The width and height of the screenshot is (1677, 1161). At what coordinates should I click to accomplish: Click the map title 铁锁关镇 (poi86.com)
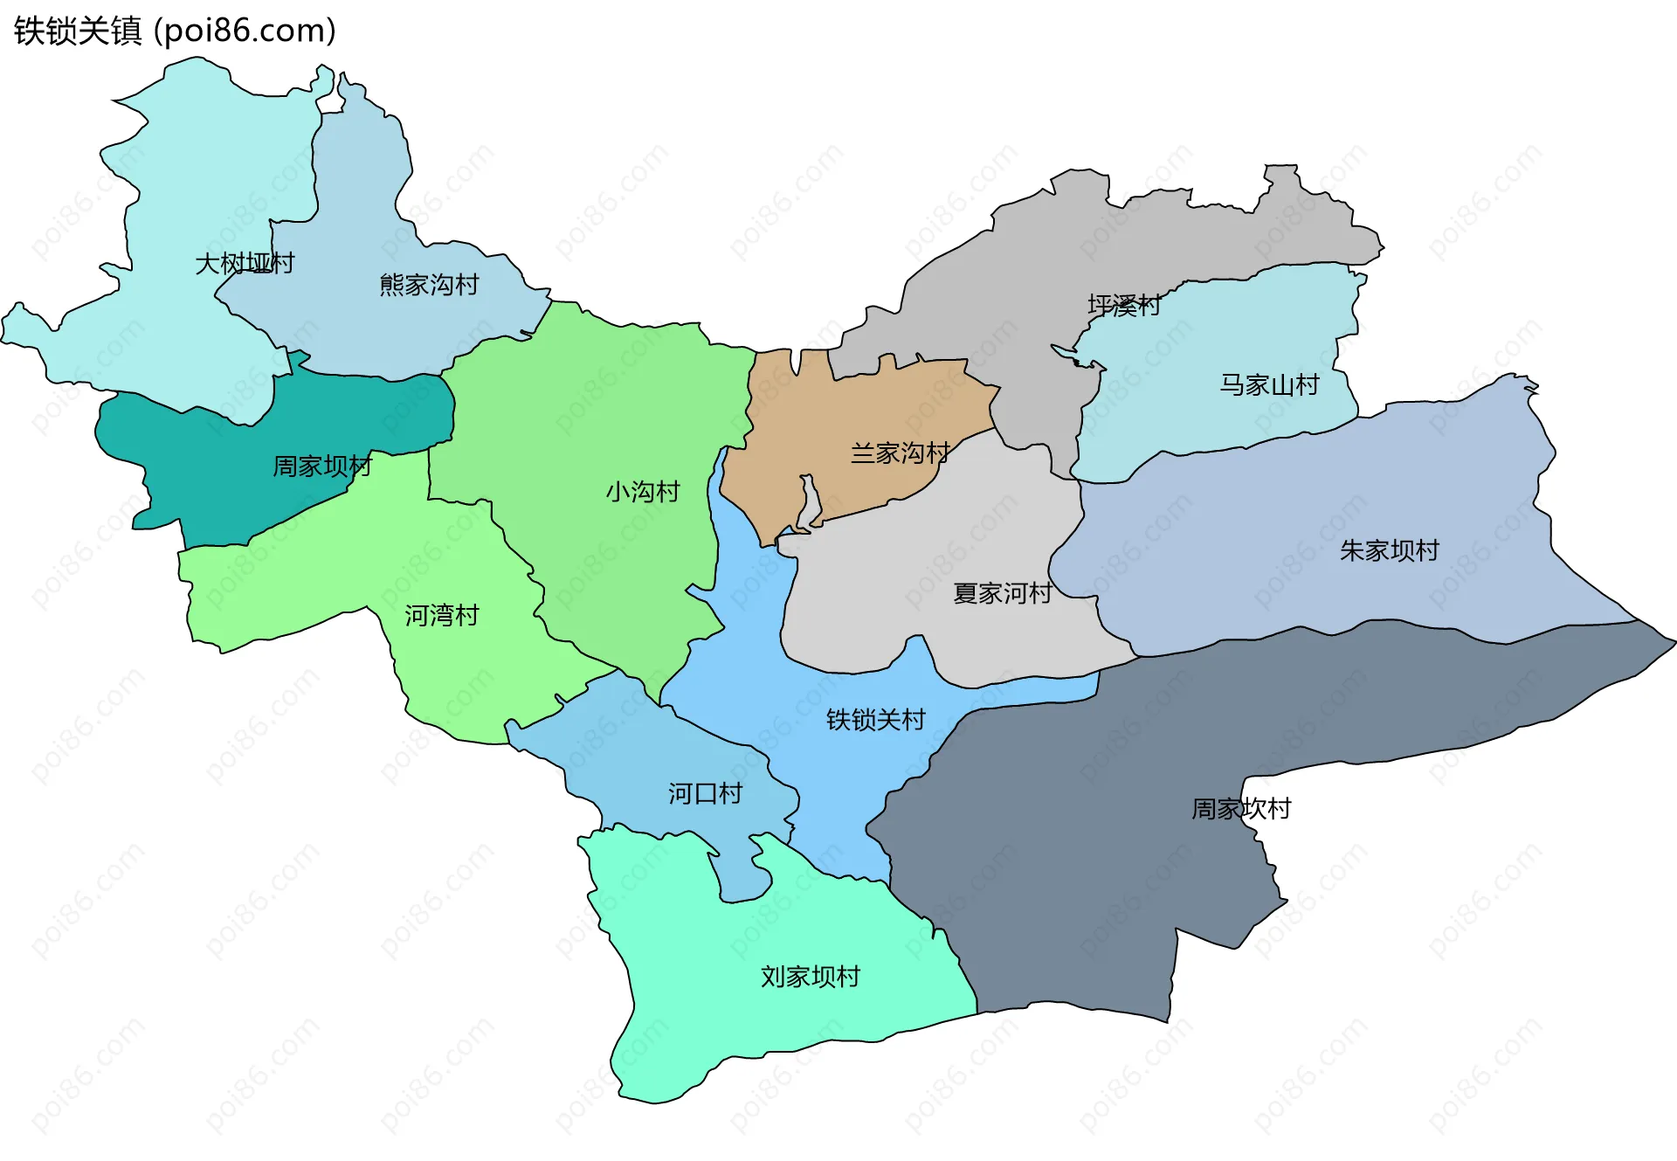click(x=175, y=31)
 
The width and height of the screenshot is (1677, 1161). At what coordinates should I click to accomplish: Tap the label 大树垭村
click(x=245, y=263)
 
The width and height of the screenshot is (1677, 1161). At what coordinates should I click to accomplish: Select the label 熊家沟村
click(x=429, y=285)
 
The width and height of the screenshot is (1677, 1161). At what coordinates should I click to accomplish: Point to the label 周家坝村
click(x=322, y=466)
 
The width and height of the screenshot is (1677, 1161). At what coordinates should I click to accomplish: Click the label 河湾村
click(x=442, y=616)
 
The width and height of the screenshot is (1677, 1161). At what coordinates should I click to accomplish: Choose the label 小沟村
click(x=643, y=492)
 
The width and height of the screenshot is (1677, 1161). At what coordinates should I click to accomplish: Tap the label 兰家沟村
click(x=901, y=453)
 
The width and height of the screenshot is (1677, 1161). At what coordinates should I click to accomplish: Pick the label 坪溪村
click(x=1124, y=306)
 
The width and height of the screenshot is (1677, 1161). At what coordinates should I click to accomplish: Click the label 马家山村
click(x=1269, y=385)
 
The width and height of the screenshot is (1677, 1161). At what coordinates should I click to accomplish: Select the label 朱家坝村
click(x=1390, y=551)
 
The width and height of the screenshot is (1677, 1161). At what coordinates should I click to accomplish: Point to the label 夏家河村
click(x=1003, y=594)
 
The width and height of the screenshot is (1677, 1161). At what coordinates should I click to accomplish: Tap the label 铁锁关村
click(x=876, y=720)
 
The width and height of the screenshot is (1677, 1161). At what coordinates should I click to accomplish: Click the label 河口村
click(x=706, y=794)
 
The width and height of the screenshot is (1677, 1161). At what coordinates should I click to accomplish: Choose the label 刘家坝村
click(x=811, y=977)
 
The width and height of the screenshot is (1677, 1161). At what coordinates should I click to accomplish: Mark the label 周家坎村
click(x=1241, y=809)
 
